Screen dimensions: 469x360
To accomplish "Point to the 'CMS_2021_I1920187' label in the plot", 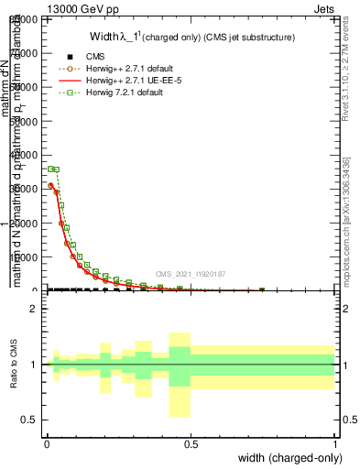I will point(190,274).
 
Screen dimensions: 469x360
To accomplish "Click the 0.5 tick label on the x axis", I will point(191,443).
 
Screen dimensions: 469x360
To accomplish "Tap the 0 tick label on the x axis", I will point(48,443).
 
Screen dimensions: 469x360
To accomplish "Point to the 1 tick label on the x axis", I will point(335,443).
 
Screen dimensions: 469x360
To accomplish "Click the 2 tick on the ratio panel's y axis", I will point(34,309).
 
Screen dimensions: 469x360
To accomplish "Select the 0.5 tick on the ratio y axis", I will point(30,420).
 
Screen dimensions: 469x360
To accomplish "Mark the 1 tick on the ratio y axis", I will point(34,365).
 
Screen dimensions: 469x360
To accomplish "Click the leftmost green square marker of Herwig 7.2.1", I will point(50,169).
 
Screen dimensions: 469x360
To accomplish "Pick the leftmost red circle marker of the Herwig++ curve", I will point(50,185).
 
